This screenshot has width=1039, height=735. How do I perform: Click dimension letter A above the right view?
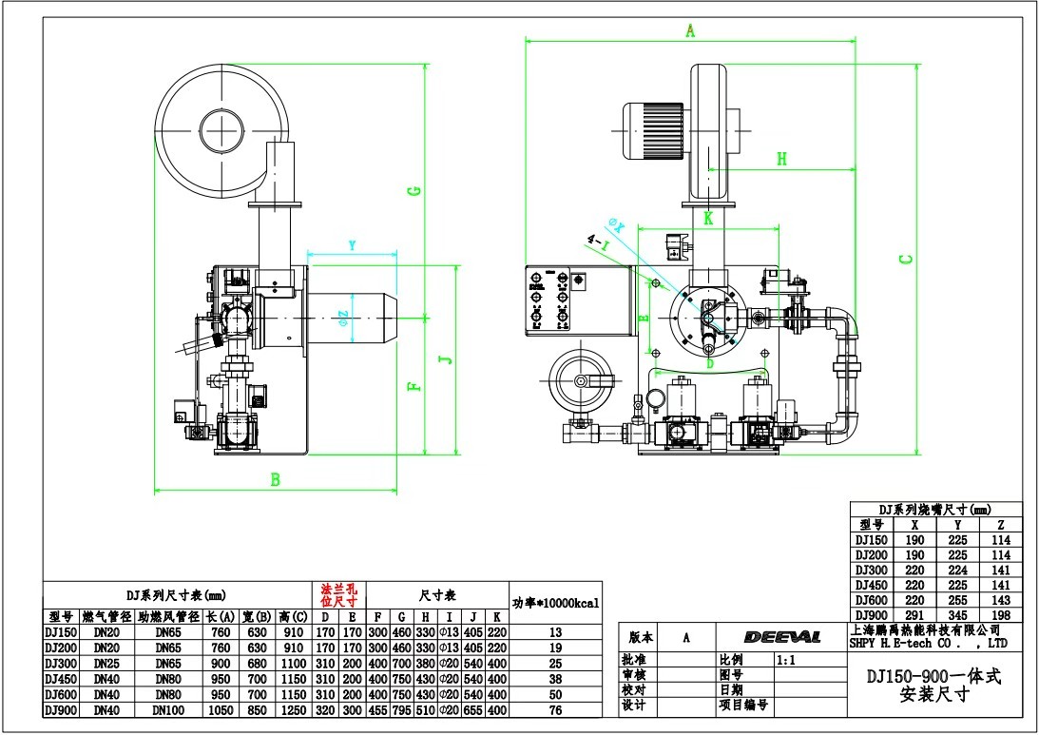[x=691, y=31]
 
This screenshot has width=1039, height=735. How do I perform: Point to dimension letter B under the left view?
[x=276, y=480]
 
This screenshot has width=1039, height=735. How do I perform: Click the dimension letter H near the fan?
[x=781, y=159]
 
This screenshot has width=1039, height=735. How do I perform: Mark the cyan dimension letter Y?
[x=353, y=245]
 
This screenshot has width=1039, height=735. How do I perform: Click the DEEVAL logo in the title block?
[x=782, y=637]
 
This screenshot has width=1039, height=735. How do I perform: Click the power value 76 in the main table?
[x=556, y=710]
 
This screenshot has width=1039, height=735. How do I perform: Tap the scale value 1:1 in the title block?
[x=787, y=659]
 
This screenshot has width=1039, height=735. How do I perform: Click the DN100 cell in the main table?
[x=167, y=710]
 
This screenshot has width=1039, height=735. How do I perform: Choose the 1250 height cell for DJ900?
[x=294, y=710]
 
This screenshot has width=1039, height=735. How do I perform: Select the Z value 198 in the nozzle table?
[x=1001, y=615]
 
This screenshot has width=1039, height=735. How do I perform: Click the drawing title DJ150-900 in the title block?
[x=933, y=676]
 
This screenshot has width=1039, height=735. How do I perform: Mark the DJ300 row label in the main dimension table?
[x=60, y=663]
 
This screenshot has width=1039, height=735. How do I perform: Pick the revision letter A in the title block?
[x=685, y=637]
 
